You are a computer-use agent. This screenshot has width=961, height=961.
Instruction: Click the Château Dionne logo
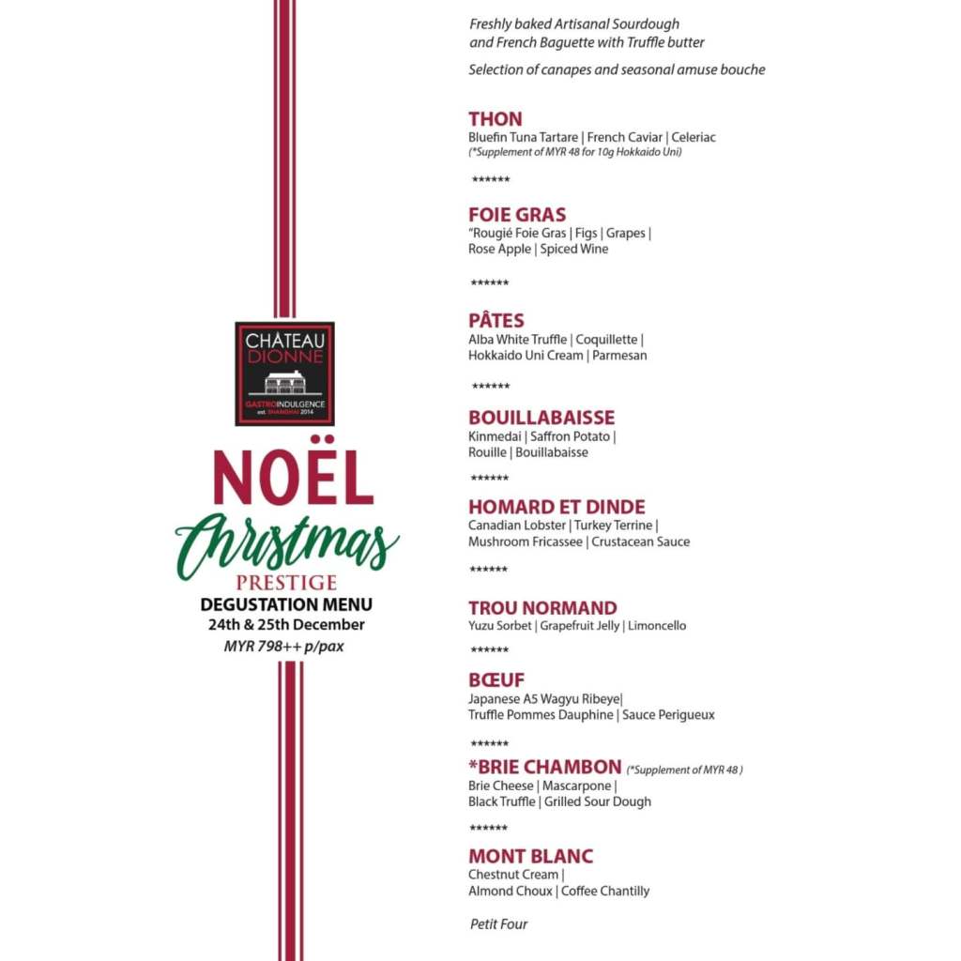click(284, 374)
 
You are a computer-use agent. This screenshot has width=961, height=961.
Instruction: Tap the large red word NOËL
click(293, 476)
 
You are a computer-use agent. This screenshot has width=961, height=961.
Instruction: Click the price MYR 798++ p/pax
click(283, 646)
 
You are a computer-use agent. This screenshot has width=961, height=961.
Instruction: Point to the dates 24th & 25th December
click(286, 624)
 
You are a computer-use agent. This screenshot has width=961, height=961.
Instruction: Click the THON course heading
click(496, 119)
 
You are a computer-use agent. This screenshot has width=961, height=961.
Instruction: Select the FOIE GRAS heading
click(517, 215)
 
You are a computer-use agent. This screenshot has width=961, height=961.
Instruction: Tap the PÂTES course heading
click(496, 321)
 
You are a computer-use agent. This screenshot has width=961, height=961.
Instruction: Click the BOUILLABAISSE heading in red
click(542, 418)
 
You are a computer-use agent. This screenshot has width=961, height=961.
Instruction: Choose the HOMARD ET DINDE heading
click(557, 507)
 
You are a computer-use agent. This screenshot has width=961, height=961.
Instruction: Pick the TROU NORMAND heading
click(542, 608)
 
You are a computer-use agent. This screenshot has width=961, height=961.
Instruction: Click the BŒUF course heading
click(496, 680)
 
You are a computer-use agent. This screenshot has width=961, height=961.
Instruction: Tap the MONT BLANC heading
click(530, 856)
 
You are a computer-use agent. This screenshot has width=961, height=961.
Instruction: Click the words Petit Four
click(498, 924)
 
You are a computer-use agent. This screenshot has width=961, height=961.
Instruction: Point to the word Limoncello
click(657, 626)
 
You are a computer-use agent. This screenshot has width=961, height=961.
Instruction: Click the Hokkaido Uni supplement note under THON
click(574, 152)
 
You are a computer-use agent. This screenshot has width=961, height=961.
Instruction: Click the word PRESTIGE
click(286, 583)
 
